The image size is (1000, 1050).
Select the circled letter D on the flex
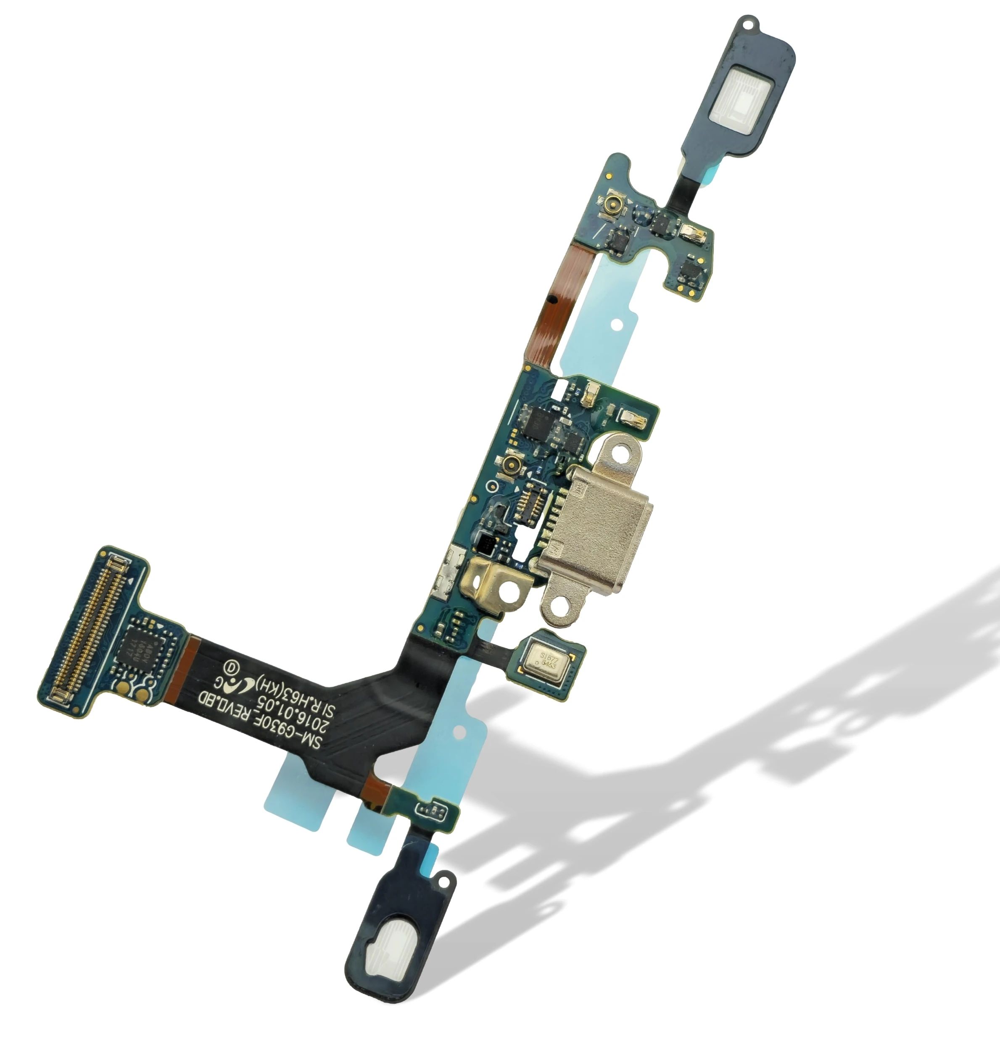click(x=231, y=667)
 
